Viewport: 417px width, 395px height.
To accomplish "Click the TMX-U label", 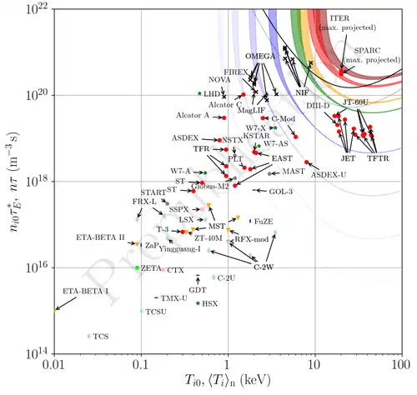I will (x=173, y=297).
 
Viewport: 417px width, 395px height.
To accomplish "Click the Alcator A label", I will (x=193, y=116).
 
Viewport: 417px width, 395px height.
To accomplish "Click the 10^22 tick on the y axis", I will (x=38, y=9).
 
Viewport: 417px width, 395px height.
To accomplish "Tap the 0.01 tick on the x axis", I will (x=56, y=365).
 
